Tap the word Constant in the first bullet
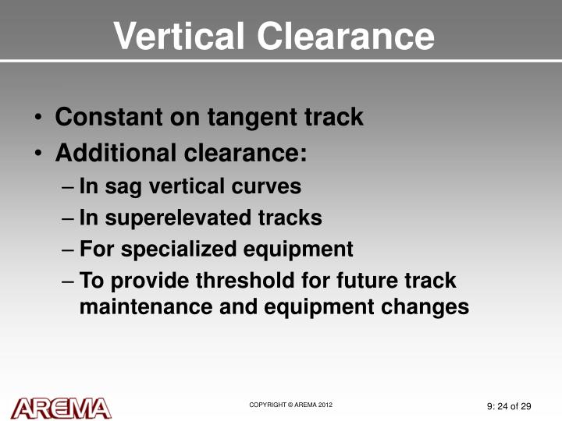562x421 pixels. click(x=105, y=118)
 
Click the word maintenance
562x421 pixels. click(x=146, y=307)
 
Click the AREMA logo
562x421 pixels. click(x=61, y=408)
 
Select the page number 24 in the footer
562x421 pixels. click(x=503, y=406)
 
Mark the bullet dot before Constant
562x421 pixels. click(x=38, y=119)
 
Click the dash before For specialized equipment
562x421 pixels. click(x=67, y=250)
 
